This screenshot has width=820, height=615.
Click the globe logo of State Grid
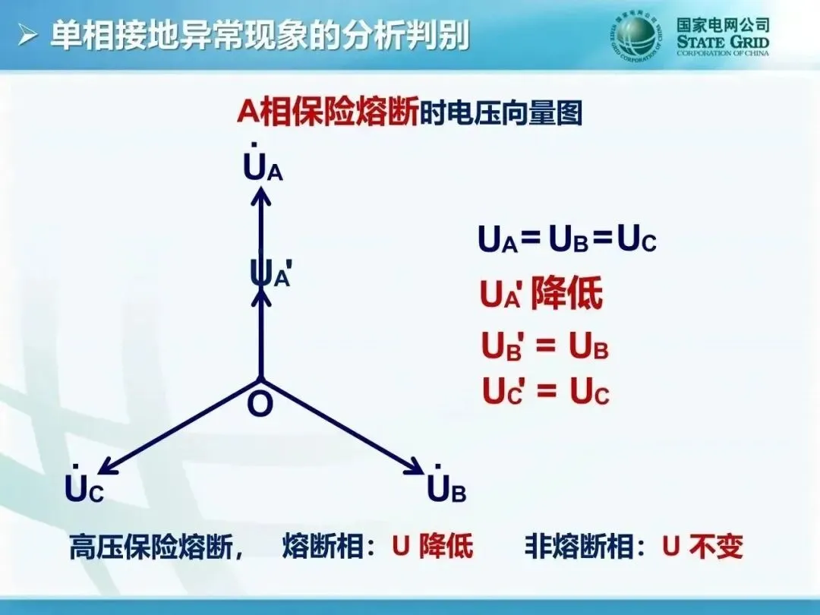click(639, 35)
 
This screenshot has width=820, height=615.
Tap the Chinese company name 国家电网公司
click(723, 24)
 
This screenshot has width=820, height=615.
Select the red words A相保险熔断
click(327, 112)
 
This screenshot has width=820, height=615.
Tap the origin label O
click(260, 405)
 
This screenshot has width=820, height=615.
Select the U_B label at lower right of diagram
click(446, 489)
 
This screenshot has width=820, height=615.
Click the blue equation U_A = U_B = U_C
click(566, 240)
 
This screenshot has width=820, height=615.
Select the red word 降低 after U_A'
click(566, 294)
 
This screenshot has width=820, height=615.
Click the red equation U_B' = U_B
click(545, 347)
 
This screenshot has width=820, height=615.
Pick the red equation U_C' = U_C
click(546, 392)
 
